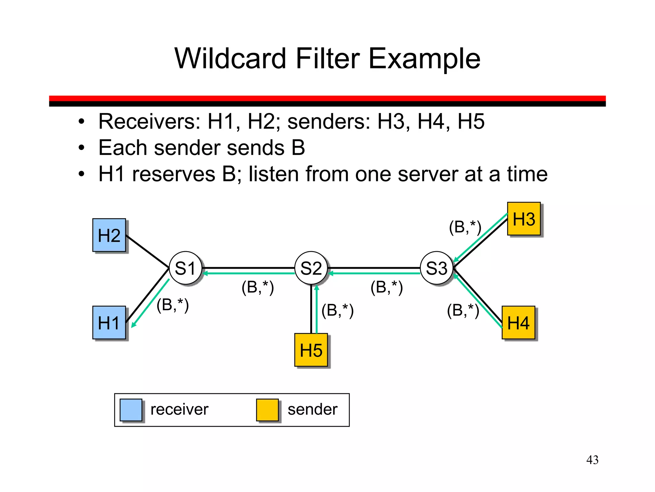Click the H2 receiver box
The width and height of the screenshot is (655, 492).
coord(109,235)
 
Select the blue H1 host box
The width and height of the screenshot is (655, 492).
coord(109,323)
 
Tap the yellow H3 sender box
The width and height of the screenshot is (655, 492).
coord(524,219)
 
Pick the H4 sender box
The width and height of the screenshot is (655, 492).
coord(518,323)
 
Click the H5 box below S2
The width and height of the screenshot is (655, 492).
coord(311,350)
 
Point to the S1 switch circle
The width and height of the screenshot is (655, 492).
coord(185,268)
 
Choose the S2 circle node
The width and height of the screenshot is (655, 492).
coord(311,268)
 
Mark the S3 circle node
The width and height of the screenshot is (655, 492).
coord(437,268)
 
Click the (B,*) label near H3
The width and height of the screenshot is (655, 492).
coord(465,227)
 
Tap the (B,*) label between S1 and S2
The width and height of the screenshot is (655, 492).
coord(257,287)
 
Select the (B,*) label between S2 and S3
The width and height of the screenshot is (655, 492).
coord(386,287)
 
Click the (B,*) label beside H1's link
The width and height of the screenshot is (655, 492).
coord(172,305)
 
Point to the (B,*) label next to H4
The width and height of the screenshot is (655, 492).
coord(463,310)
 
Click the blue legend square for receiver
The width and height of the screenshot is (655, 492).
coord(131,410)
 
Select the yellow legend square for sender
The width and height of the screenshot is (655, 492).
coord(267,410)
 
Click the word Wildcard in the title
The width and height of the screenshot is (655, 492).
coord(230,58)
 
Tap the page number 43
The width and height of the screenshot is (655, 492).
coord(592,460)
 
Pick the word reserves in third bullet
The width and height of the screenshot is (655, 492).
coord(173,174)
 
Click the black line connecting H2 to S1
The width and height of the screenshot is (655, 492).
coord(147,251)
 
